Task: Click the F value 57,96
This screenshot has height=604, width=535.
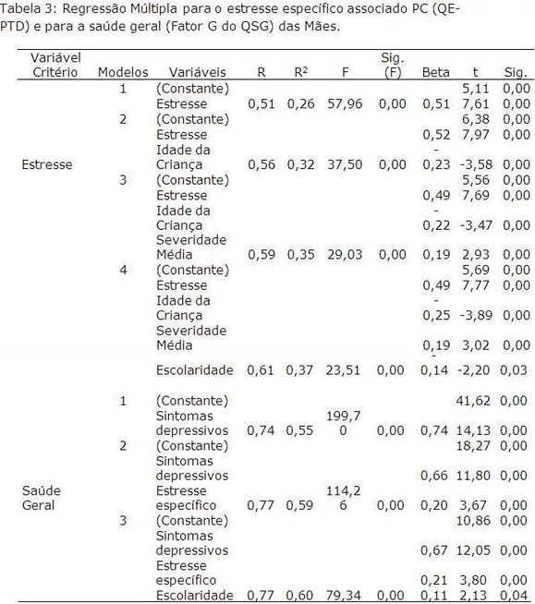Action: (x=345, y=104)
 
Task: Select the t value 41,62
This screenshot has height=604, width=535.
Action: (x=473, y=401)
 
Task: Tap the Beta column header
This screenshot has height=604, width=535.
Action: (x=436, y=72)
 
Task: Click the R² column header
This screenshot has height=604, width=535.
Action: (x=300, y=72)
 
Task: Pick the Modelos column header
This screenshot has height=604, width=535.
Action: (x=123, y=72)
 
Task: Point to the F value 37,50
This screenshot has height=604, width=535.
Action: (x=345, y=165)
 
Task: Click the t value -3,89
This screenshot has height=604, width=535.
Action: (x=476, y=316)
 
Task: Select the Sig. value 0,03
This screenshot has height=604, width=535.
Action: (x=514, y=370)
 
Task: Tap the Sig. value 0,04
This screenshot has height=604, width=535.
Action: (x=514, y=596)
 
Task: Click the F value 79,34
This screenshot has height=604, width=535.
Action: (x=343, y=596)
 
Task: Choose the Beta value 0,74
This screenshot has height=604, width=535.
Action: (x=434, y=430)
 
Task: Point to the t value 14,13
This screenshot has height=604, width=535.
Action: (x=473, y=430)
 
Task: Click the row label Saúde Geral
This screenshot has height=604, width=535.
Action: (x=42, y=498)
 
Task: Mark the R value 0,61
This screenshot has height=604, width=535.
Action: (x=261, y=370)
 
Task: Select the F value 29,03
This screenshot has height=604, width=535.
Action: (x=345, y=255)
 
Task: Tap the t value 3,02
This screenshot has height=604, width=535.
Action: (x=476, y=345)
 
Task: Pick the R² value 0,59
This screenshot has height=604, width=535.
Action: (x=299, y=506)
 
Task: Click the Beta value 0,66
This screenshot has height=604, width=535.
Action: (x=434, y=476)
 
